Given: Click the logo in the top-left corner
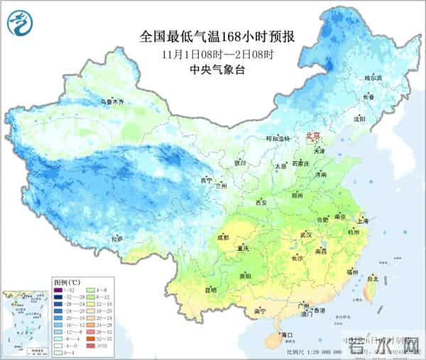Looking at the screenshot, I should click(19, 26).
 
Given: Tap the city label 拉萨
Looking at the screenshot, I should click(117, 239).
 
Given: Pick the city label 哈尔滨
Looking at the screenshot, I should click(372, 77).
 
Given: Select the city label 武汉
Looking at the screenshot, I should click(306, 234).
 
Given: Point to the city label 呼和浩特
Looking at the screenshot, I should click(278, 138).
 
